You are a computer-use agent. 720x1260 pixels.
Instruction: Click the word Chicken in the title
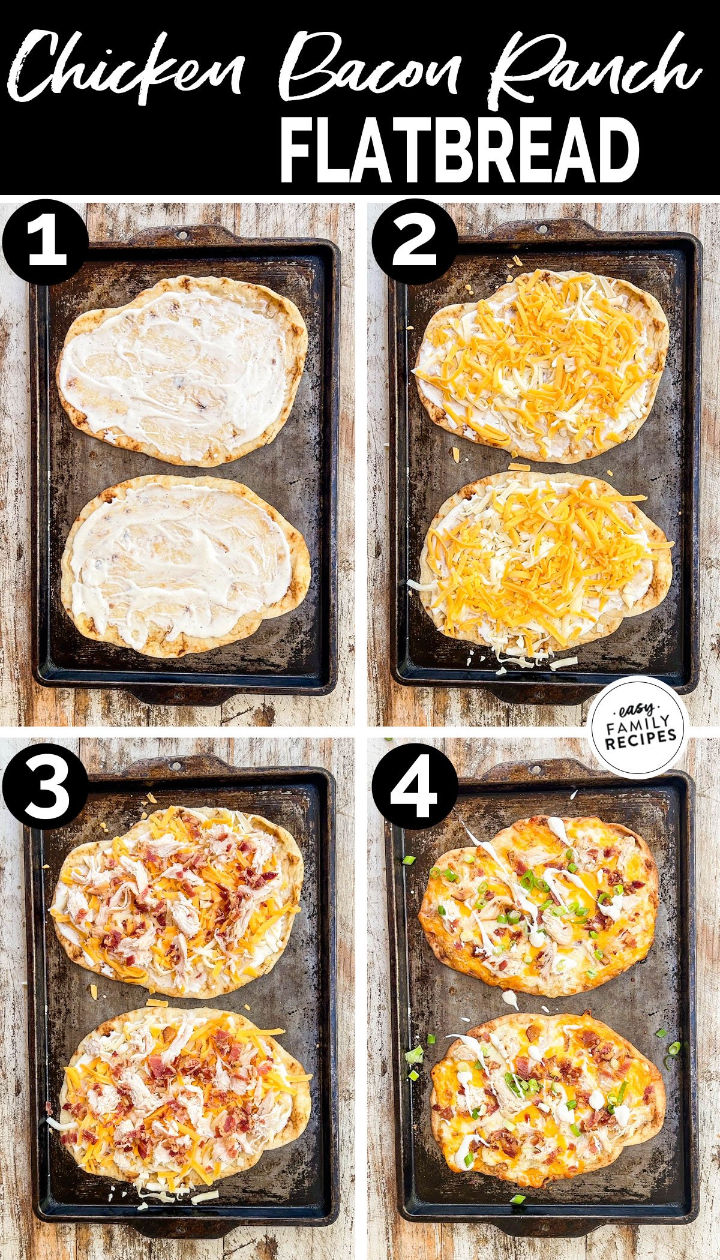tap(129, 69)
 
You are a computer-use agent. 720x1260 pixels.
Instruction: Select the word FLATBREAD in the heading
tap(459, 149)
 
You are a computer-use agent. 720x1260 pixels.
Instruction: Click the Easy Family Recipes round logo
tap(637, 727)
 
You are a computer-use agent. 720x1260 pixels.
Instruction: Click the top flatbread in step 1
tap(182, 372)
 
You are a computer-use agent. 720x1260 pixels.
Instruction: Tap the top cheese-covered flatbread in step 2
tap(540, 366)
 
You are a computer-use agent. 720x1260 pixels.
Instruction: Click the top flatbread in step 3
tap(177, 900)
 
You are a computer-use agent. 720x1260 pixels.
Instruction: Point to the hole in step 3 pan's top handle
tap(175, 766)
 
